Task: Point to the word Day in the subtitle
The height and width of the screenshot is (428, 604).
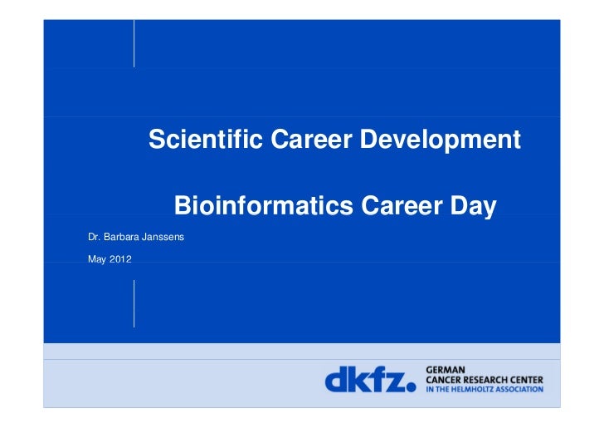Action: pos(472,205)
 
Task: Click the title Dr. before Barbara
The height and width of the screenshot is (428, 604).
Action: pos(94,238)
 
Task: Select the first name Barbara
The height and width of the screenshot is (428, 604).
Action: pos(120,238)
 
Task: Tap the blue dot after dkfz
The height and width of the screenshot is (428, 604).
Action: pos(410,387)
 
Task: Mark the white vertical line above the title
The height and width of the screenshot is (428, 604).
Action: pos(134,43)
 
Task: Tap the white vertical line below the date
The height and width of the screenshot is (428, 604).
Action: pos(134,303)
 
